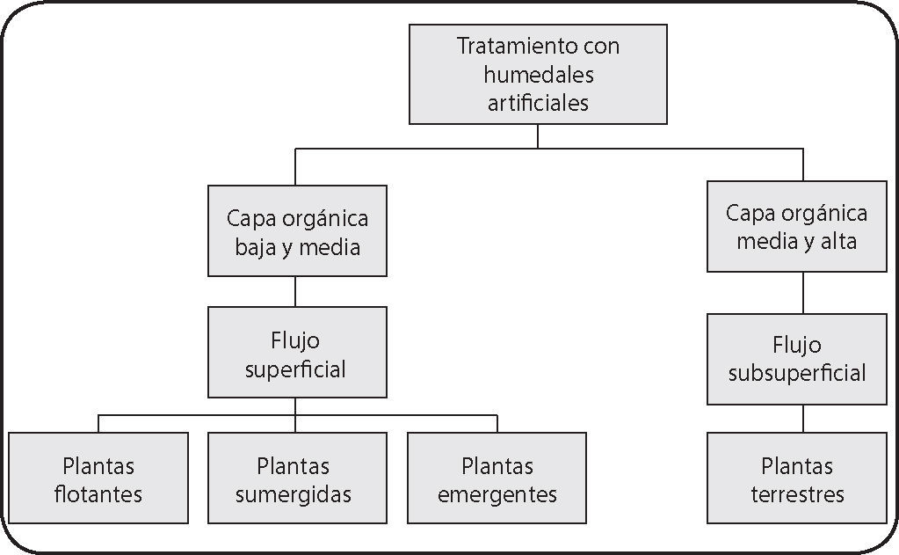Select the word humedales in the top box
538,74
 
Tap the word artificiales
538,102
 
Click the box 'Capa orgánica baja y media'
297,231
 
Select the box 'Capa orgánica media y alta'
796,226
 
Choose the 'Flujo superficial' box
296,352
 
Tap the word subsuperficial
796,372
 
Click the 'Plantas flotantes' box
98,478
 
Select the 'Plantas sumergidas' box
294,478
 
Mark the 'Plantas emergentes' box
497,478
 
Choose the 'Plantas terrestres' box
796,478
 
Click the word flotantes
98,493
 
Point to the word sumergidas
294,493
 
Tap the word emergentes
497,493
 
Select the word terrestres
797,493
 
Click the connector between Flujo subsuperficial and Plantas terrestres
802,418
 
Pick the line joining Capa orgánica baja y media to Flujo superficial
295,291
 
